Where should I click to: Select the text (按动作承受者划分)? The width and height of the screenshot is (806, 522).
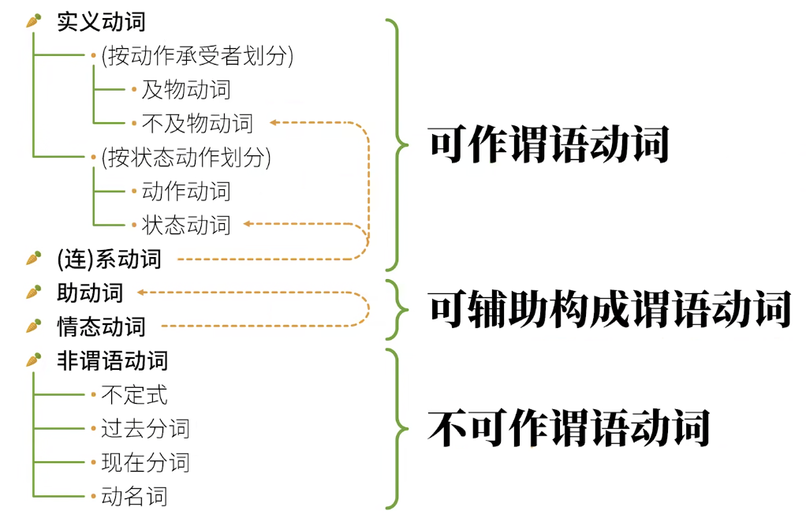pos(196,56)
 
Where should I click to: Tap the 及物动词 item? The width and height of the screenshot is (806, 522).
pos(186,89)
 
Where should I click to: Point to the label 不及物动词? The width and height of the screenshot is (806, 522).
pos(197,123)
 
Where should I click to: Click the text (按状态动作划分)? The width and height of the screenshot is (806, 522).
pos(185,157)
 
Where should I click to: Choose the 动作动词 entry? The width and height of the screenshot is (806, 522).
pos(186,191)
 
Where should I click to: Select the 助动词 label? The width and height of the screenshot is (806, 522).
pos(90,293)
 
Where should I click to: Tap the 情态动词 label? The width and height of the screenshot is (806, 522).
pos(101,326)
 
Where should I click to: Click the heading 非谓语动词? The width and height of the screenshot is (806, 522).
pos(112,360)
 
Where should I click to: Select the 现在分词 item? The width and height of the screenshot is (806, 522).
pos(145,462)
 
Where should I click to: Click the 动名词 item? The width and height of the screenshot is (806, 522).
pos(134,496)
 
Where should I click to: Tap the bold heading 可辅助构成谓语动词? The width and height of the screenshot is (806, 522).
pos(610,310)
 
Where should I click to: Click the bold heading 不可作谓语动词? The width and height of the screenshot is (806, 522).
pos(569,428)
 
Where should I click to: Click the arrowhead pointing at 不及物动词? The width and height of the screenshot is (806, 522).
pos(273,123)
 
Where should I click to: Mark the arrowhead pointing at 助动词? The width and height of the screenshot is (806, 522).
pos(140,293)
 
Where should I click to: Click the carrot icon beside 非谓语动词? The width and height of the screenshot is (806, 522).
pos(33,360)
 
